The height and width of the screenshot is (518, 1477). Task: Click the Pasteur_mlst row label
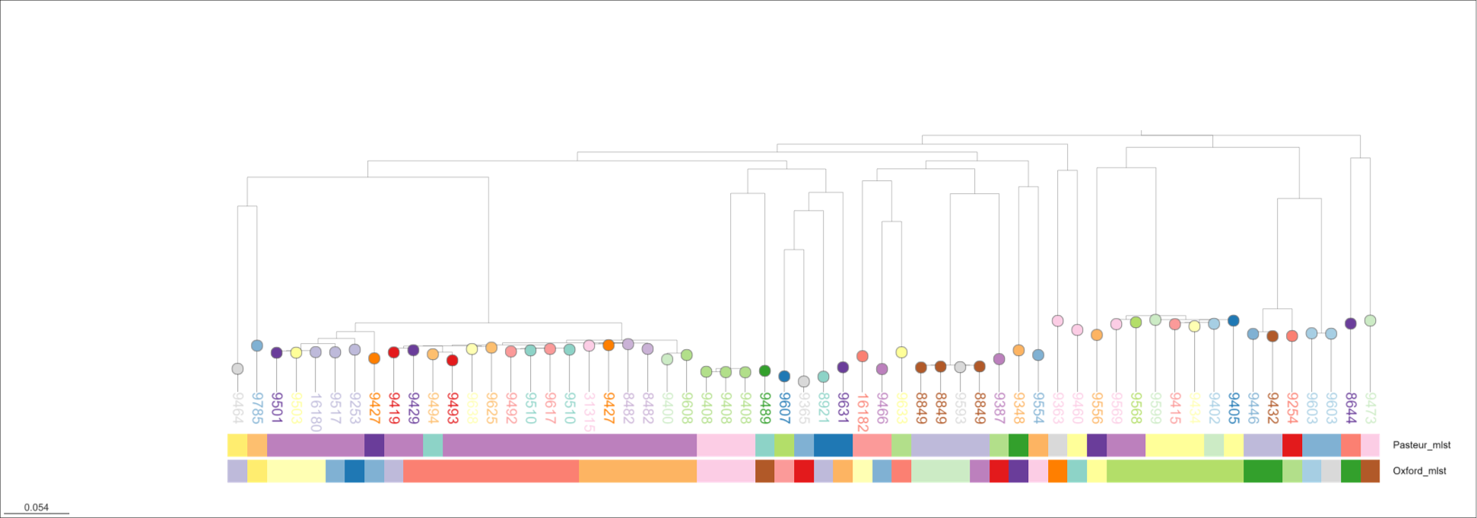[1421, 445]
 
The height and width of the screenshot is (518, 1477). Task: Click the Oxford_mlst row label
[1419, 471]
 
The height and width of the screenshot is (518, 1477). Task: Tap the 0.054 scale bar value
[37, 507]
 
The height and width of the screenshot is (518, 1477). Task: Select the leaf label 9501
[277, 408]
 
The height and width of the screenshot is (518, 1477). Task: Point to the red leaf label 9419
[394, 408]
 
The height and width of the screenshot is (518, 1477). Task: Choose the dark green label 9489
[765, 408]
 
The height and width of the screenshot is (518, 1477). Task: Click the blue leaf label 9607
[784, 408]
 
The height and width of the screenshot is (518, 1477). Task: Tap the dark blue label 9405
[1234, 408]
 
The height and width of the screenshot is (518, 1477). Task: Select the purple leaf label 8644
[1351, 408]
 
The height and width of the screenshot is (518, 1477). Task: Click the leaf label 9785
[257, 408]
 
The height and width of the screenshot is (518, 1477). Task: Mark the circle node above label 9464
[237, 369]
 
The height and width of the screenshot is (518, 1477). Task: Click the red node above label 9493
[453, 361]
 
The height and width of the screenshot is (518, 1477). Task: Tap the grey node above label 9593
[960, 367]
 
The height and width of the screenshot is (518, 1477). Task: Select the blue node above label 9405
[1234, 321]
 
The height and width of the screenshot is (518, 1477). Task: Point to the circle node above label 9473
[1370, 321]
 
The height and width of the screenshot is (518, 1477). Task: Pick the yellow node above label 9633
[901, 352]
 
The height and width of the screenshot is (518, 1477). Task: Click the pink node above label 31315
[589, 345]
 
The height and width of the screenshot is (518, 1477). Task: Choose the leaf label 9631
[843, 408]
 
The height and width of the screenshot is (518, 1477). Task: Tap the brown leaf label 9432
[1272, 408]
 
